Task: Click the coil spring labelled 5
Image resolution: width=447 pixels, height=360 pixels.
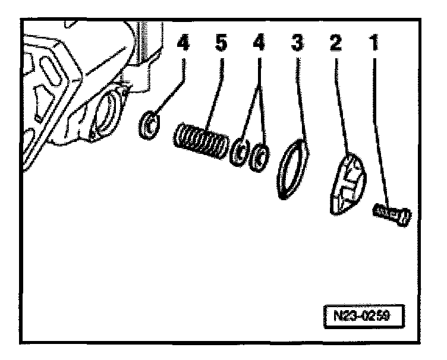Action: click(201, 142)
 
